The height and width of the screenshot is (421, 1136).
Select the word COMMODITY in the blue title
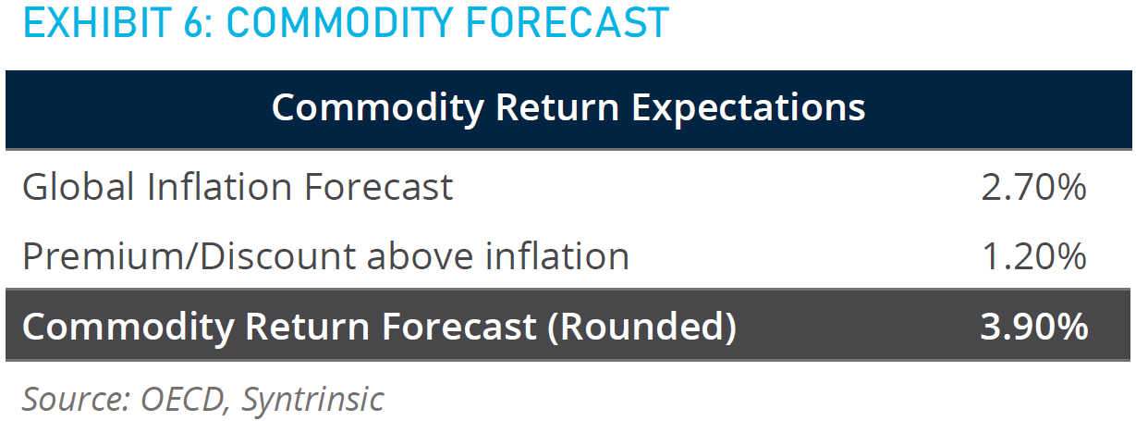pos(340,23)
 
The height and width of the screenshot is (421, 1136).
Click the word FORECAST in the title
pos(568,23)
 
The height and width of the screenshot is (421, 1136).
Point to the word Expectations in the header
pos(748,108)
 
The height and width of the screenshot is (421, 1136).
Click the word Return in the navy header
pos(556,107)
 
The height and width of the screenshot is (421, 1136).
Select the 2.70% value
pos(1033,188)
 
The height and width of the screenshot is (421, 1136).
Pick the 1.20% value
pos(1033,256)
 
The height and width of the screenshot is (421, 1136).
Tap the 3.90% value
pos(1033,326)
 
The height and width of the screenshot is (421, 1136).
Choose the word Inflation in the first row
pos(219,187)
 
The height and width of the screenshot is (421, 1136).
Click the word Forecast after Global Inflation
pos(378,187)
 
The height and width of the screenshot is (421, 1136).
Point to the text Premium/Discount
pos(188,255)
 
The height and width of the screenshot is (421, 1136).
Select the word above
pos(420,255)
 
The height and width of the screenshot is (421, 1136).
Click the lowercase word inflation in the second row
pos(557,255)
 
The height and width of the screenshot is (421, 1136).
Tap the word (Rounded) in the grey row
pos(642,327)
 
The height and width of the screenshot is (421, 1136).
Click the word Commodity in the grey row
pos(128,327)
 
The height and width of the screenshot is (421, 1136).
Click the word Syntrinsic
pos(312,400)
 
